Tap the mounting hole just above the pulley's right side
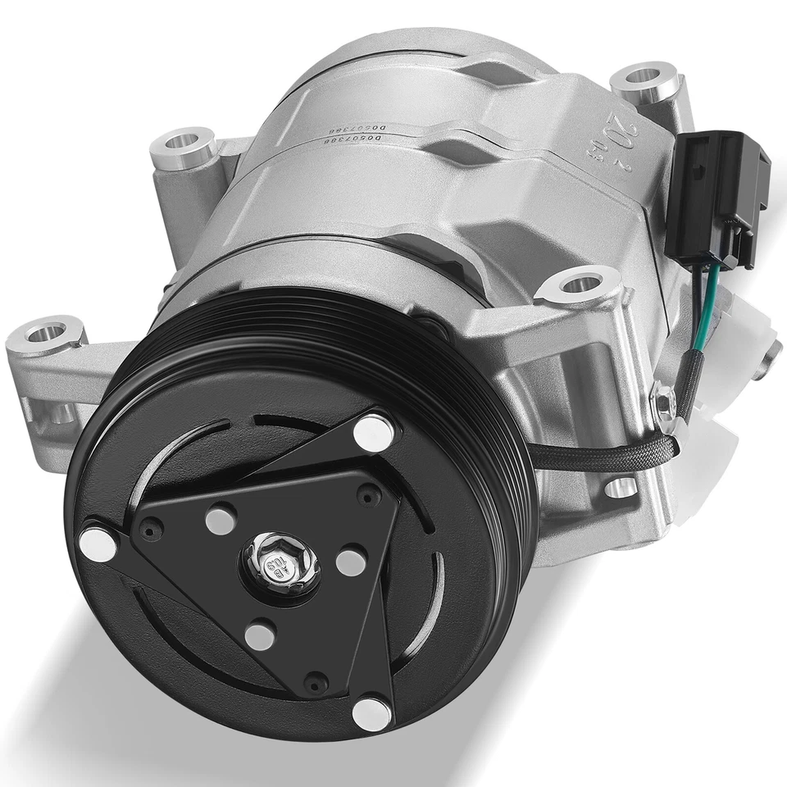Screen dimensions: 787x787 point(579,285)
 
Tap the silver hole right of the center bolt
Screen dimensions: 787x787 point(350,561)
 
